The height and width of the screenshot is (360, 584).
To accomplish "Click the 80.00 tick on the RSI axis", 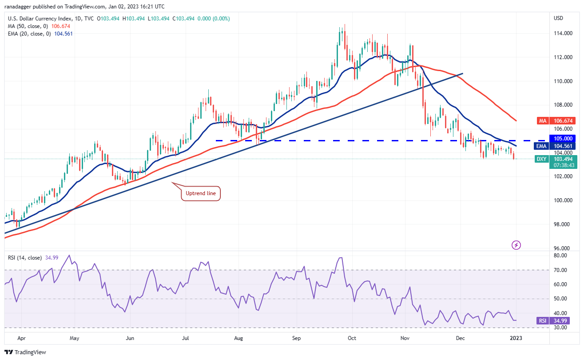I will coord(560,256).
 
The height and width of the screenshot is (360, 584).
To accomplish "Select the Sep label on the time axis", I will coord(297,338).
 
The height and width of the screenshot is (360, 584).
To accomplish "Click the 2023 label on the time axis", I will coord(516,338).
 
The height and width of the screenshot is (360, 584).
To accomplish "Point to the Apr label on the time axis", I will coord(21,338).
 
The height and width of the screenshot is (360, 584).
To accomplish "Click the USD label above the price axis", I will coord(558,18).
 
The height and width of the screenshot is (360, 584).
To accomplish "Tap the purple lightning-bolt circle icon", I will coord(516,244).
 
